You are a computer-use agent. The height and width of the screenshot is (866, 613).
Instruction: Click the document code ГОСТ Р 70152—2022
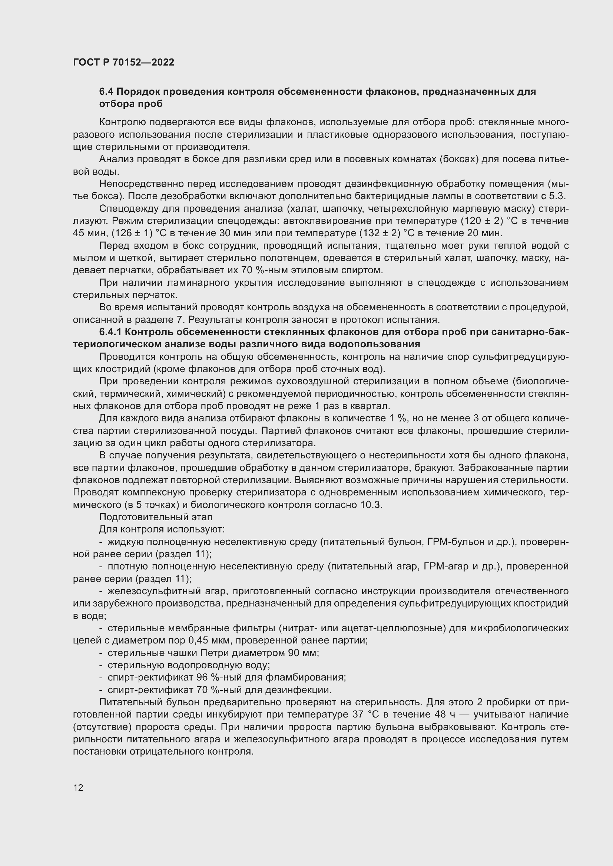pyautogui.click(x=123, y=63)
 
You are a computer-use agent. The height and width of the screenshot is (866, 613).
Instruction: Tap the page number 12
pyautogui.click(x=78, y=788)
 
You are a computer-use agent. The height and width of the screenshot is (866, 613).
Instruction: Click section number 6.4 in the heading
pyautogui.click(x=107, y=92)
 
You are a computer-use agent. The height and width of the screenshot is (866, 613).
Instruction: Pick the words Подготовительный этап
pyautogui.click(x=156, y=517)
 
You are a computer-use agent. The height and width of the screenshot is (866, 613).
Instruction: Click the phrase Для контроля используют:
pyautogui.click(x=162, y=529)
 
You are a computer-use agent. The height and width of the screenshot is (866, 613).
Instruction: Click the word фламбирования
pyautogui.click(x=305, y=678)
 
